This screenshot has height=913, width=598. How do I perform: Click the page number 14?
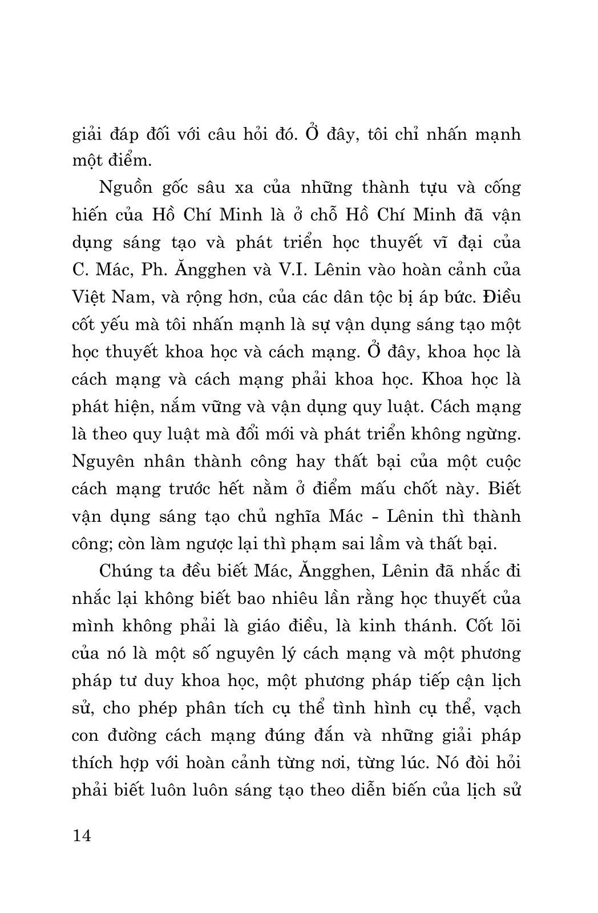tap(82, 836)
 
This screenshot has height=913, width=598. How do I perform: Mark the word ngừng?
tap(491, 434)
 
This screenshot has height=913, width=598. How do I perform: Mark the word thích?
tap(93, 762)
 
